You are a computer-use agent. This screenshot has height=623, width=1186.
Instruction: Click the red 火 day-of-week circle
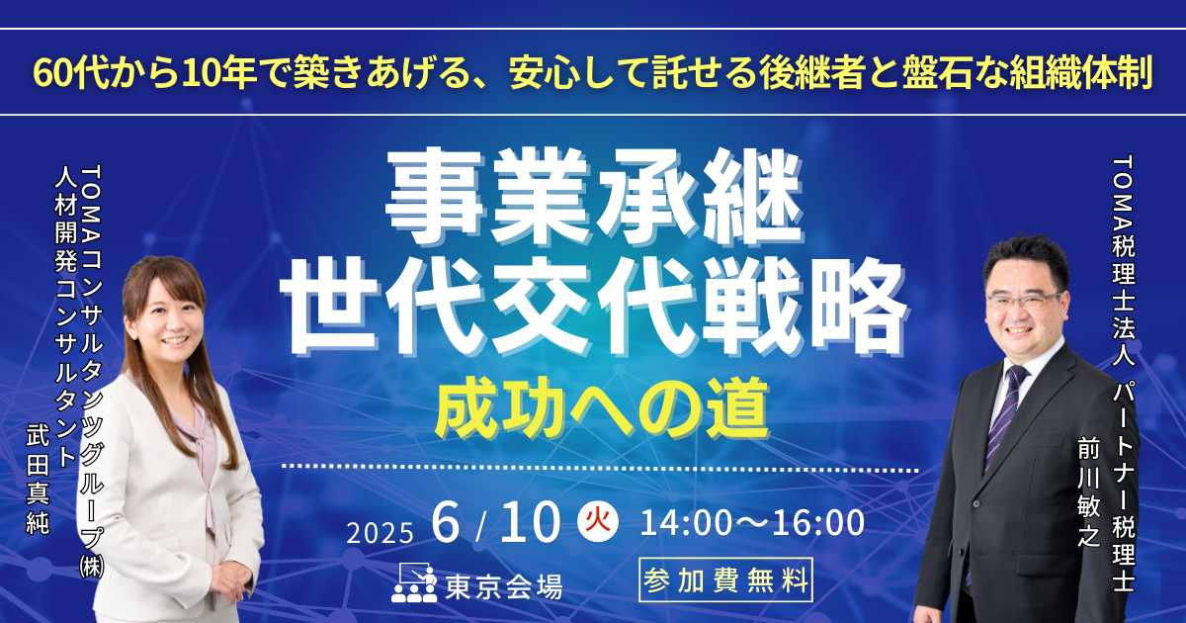pos(598,521)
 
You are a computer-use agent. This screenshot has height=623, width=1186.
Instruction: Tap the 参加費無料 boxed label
pos(725,580)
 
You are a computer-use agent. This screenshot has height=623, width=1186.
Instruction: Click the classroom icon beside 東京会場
pos(414,582)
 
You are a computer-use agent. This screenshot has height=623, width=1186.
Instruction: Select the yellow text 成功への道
pos(602,408)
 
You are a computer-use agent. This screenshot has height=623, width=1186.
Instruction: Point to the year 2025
pos(381,532)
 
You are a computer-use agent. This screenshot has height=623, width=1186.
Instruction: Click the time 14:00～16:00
pos(752,522)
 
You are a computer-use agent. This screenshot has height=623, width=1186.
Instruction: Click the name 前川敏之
pos(1088,492)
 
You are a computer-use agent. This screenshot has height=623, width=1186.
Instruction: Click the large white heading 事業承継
pos(595,197)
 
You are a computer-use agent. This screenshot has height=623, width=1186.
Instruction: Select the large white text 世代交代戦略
pos(594,308)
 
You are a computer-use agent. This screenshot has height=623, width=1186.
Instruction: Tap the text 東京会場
pos(503,587)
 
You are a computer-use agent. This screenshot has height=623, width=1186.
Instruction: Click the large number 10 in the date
pos(530,523)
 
